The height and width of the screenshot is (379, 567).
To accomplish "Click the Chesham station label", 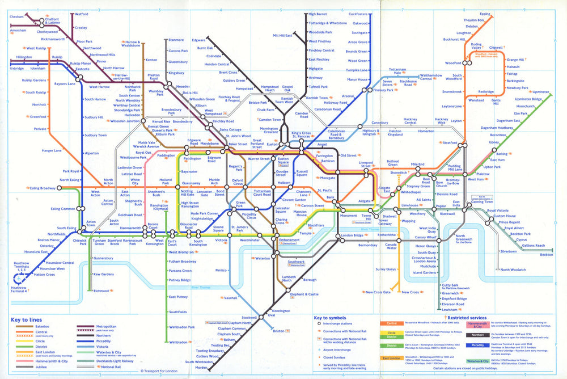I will tap(18, 17).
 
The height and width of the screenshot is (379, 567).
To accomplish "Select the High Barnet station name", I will tap(318, 14).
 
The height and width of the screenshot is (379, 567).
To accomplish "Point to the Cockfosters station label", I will tap(358, 14).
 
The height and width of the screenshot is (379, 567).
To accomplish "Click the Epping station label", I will tap(485, 13).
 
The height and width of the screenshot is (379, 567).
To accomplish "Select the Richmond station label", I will tap(101, 291).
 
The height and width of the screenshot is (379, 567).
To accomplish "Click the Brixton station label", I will tap(278, 331).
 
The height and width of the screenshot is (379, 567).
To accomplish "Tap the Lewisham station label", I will tap(450, 310).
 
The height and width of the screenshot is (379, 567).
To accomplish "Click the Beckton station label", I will tap(547, 255).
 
